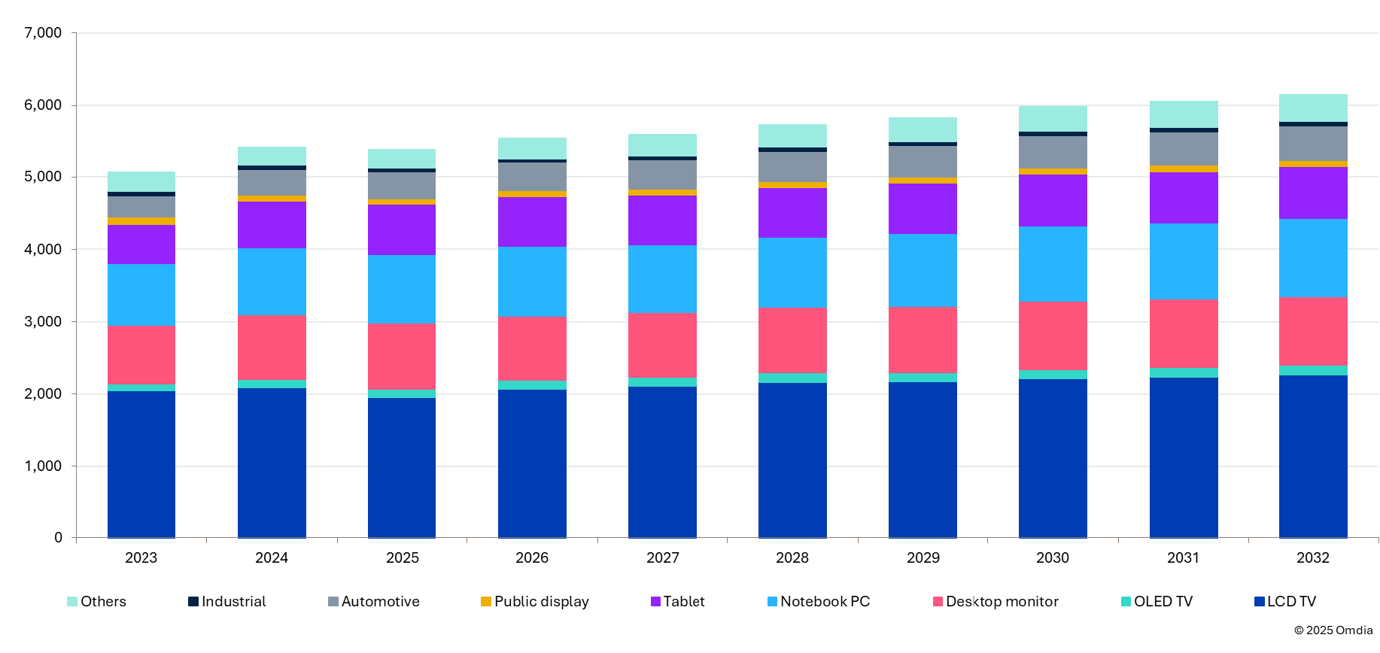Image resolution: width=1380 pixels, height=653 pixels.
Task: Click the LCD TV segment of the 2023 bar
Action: point(141,463)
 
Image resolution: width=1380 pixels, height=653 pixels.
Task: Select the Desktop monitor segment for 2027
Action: point(662,345)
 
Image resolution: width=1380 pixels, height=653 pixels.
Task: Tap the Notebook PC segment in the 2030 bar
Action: point(1053,264)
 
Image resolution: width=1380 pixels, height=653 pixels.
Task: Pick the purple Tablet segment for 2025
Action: point(402,229)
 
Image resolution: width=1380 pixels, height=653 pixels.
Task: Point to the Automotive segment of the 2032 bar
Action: point(1313,143)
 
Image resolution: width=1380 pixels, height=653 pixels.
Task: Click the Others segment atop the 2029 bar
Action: point(923,129)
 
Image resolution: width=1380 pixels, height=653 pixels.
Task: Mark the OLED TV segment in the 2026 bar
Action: point(532,384)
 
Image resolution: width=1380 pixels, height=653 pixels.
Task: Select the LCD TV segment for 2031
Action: point(1184,457)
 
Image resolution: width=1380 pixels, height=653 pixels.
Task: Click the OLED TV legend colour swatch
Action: point(1126,601)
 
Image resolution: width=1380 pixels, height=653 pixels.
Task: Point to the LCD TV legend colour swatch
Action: point(1259,601)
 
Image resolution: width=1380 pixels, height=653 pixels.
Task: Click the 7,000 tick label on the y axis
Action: point(43,32)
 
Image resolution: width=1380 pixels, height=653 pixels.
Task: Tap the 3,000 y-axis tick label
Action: point(43,321)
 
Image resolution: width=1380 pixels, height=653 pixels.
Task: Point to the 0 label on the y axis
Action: point(58,538)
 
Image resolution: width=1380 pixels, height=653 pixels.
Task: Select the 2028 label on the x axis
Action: point(792,557)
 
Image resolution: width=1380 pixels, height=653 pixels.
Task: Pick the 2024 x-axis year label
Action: point(272,557)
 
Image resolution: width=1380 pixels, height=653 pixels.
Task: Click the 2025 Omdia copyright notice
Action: point(1333,630)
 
